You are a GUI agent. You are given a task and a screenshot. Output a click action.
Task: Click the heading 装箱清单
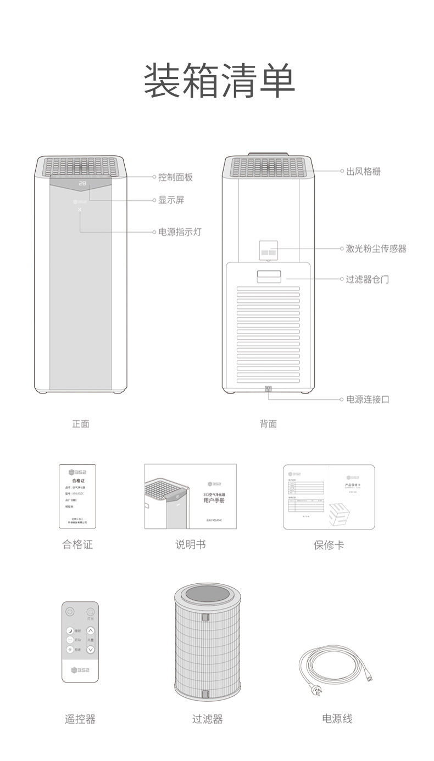pyautogui.click(x=219, y=81)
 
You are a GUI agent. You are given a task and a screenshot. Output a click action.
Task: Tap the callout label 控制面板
pyautogui.click(x=175, y=177)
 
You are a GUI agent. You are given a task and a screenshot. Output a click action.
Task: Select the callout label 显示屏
pyautogui.click(x=171, y=200)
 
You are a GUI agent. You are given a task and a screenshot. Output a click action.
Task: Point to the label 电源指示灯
pyautogui.click(x=180, y=232)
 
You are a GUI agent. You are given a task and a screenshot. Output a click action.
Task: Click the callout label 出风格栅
pyautogui.click(x=363, y=172)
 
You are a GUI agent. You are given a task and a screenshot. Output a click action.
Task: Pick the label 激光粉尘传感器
pyautogui.click(x=376, y=249)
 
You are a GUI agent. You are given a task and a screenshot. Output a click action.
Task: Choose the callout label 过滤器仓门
pyautogui.click(x=367, y=279)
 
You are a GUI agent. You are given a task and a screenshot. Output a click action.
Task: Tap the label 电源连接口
pyautogui.click(x=367, y=399)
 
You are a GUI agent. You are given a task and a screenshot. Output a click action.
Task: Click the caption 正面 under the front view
pyautogui.click(x=81, y=424)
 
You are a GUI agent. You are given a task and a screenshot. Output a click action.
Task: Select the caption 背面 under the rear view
pyautogui.click(x=268, y=424)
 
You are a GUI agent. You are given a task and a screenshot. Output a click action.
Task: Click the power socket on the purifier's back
pyautogui.click(x=268, y=390)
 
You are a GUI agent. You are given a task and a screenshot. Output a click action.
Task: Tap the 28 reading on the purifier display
pyautogui.click(x=82, y=183)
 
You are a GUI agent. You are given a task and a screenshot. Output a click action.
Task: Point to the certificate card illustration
pyautogui.click(x=77, y=497)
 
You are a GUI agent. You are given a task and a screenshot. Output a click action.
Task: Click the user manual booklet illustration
pyautogui.click(x=190, y=497)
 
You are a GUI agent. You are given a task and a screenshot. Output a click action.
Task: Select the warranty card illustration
pyautogui.click(x=329, y=497)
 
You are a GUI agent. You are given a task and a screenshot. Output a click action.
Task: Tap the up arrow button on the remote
pyautogui.click(x=91, y=631)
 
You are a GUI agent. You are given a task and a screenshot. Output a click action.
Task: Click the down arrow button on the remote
pyautogui.click(x=91, y=649)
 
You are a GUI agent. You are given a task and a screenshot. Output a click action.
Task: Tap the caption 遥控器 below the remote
pyautogui.click(x=80, y=719)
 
